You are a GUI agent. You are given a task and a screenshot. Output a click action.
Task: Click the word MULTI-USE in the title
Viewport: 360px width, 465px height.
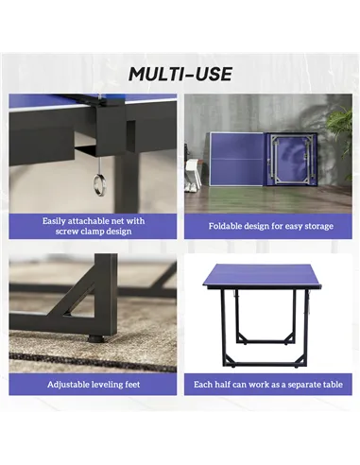pyautogui.click(x=180, y=75)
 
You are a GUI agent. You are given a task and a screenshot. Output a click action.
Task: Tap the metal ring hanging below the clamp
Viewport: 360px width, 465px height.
pyautogui.click(x=99, y=185)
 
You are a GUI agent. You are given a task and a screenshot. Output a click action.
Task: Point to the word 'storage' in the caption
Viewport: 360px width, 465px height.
pyautogui.click(x=318, y=227)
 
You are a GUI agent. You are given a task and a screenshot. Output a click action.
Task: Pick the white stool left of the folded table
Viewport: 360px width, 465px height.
pyautogui.click(x=194, y=173)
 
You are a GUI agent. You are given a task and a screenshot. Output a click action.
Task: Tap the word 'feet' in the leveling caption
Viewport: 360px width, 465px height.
pyautogui.click(x=132, y=385)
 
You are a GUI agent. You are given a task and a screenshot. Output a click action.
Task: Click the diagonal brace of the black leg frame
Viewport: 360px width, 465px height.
pyautogui.click(x=78, y=300)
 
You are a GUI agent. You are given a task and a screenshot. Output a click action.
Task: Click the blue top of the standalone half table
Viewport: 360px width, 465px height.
pyautogui.click(x=262, y=273)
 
